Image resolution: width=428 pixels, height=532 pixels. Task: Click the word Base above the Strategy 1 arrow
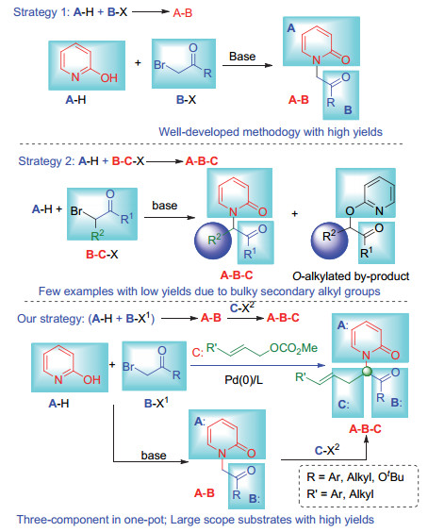click(x=242, y=57)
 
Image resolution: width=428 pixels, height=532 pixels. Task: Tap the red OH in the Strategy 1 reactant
click(x=108, y=78)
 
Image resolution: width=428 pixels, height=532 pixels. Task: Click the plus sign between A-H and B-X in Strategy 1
click(x=138, y=63)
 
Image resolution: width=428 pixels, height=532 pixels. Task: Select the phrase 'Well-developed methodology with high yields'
click(x=271, y=132)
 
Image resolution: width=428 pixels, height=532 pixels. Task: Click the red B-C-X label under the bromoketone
click(x=102, y=254)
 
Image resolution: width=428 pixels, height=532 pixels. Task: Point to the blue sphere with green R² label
click(x=213, y=241)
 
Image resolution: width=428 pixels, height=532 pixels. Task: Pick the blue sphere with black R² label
click(x=329, y=241)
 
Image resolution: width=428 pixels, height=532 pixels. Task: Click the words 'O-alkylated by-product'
click(x=351, y=276)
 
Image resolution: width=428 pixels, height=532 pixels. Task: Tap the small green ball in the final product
click(x=367, y=372)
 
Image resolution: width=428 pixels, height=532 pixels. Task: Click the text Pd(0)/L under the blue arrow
click(x=243, y=379)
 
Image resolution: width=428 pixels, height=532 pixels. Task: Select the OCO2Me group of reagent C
click(x=294, y=348)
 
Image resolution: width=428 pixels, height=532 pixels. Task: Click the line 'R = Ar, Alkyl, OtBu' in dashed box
click(x=355, y=476)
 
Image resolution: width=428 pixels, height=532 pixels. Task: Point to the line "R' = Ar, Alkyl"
click(x=340, y=493)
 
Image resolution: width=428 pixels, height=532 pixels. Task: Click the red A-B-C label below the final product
click(x=365, y=429)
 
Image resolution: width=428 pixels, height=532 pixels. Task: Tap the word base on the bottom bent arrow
click(x=154, y=456)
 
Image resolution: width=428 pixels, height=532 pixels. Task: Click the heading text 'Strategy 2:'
click(x=46, y=161)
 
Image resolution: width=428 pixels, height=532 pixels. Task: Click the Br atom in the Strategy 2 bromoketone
click(x=76, y=211)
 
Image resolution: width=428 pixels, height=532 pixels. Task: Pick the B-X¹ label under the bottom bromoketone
click(x=156, y=403)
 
